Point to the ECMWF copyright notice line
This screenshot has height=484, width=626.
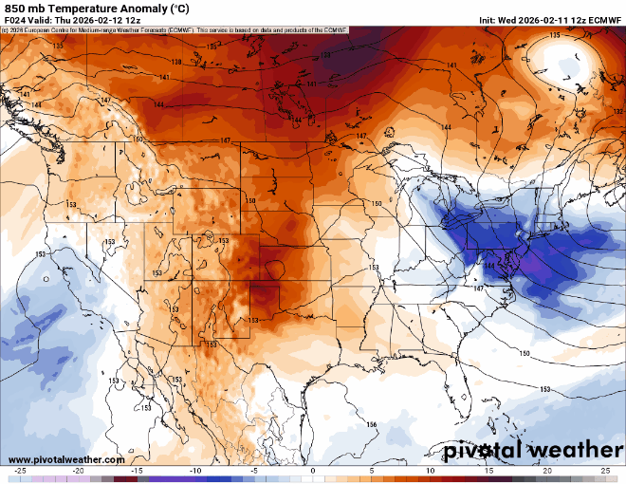[x=175, y=30]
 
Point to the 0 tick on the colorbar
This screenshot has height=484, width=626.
[x=313, y=471]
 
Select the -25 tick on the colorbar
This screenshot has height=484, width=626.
[x=20, y=471]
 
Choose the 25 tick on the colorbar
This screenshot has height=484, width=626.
[x=605, y=471]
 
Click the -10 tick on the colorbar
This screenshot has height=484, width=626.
[x=195, y=471]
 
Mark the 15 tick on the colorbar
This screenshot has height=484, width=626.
[x=488, y=471]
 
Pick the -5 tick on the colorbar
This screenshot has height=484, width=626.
[x=254, y=471]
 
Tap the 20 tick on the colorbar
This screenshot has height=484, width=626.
[x=547, y=471]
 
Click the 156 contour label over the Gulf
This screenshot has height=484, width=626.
[x=372, y=424]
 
